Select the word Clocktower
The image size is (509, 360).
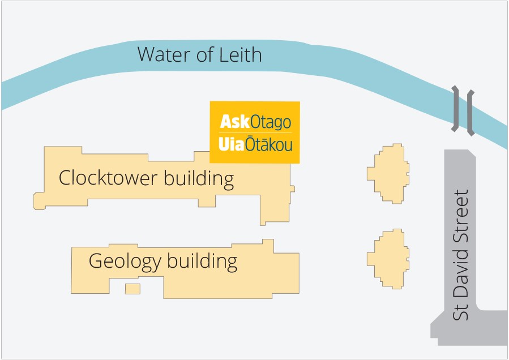click(x=108, y=179)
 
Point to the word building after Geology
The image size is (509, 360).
click(x=201, y=262)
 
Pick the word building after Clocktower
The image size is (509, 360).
click(x=198, y=179)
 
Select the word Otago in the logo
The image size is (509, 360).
click(x=271, y=122)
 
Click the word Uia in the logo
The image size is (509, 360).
click(x=231, y=145)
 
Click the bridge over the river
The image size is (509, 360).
click(x=463, y=110)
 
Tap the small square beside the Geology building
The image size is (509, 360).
click(x=132, y=289)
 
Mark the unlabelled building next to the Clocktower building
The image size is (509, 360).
click(x=388, y=173)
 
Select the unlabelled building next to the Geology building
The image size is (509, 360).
click(x=388, y=259)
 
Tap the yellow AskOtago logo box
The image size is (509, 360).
click(x=255, y=132)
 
